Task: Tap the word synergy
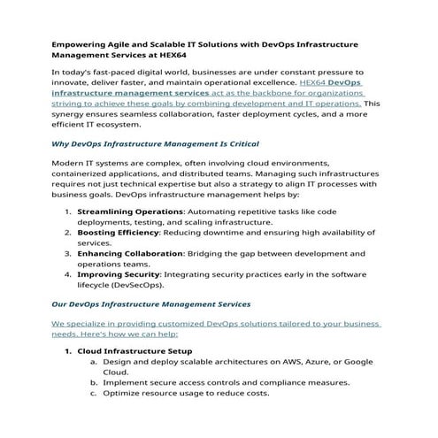point(73,114)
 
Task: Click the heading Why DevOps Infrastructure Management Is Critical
point(155,143)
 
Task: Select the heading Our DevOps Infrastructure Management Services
point(151,304)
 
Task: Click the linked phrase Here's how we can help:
point(127,335)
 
